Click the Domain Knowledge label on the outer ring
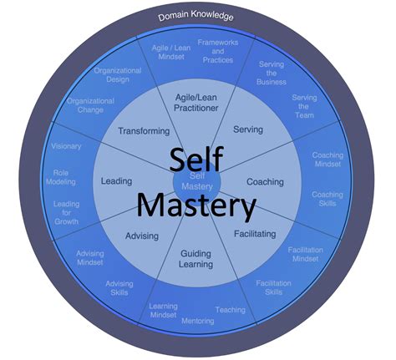coord(198,17)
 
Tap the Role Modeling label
coord(67,179)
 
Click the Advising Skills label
coord(119,288)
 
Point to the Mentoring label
coord(197,320)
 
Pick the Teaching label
coord(230,309)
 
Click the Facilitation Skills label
coord(274,288)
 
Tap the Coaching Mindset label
coord(327,160)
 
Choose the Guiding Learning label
coord(194,258)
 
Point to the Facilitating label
coord(255,234)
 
